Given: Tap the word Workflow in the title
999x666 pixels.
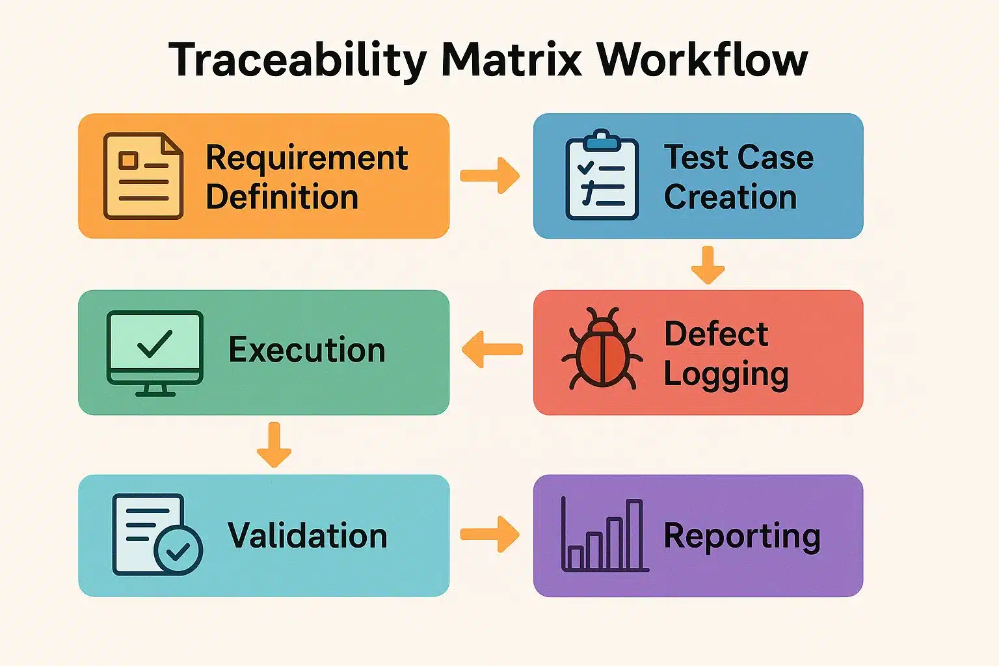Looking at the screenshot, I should coord(702,60).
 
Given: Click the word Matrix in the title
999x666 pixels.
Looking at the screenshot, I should coord(511,60).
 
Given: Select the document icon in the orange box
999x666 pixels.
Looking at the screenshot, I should coord(143,176).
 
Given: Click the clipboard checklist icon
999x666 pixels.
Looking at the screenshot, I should coord(602,176).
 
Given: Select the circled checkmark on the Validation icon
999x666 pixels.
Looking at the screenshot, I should coord(178,551).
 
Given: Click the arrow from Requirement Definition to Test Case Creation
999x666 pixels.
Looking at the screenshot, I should coord(490,176).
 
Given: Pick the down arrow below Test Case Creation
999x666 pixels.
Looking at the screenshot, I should coord(708,265).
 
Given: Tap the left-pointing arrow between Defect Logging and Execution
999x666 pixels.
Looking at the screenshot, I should coord(492,349).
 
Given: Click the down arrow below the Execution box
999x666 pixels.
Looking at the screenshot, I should coord(274,445).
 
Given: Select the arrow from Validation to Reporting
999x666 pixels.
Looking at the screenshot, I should coord(490,535).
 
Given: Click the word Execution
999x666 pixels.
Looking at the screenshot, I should coord(307,350).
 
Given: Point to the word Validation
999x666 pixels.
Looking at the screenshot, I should coord(307,536).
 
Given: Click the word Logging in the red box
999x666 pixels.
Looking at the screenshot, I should coord(726,375).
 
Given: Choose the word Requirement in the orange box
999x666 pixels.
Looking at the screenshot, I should coord(306,159).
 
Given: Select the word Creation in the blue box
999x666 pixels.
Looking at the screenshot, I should coord(730,197).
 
